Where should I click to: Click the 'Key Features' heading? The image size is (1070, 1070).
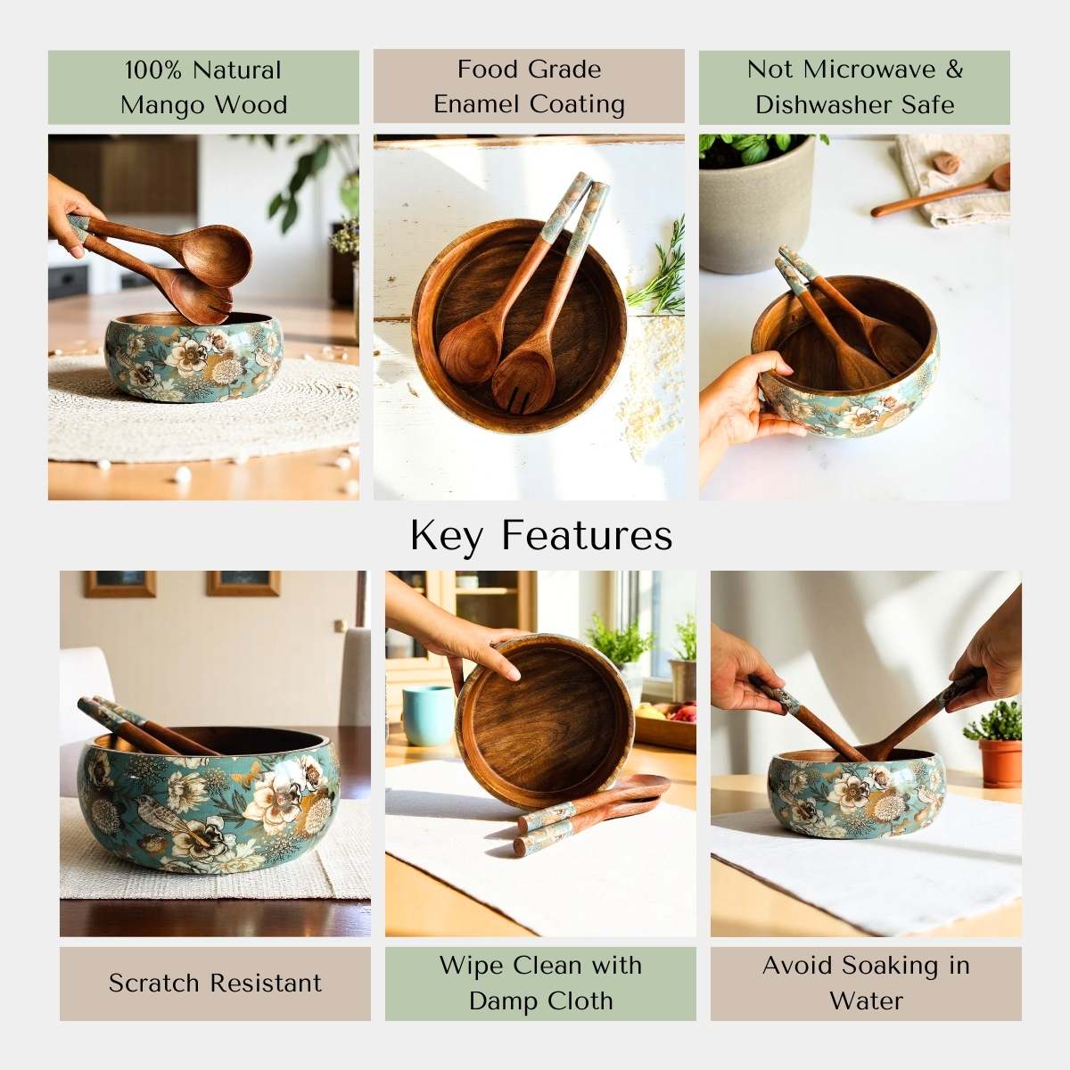pos(541,536)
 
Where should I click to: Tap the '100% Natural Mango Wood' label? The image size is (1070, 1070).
pos(203,87)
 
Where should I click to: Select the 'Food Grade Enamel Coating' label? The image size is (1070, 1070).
pos(529,86)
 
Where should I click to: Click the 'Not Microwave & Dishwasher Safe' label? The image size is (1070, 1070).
pos(854,87)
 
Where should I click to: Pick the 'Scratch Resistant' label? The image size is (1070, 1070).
pos(215,983)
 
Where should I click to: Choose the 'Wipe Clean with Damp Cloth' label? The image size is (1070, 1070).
pos(540,983)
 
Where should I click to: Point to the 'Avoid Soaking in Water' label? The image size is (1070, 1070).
pos(866,983)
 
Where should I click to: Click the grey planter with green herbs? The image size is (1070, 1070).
pos(755,214)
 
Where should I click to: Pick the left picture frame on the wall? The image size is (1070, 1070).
pos(120,583)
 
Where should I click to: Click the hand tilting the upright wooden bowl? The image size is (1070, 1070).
pos(473,638)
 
